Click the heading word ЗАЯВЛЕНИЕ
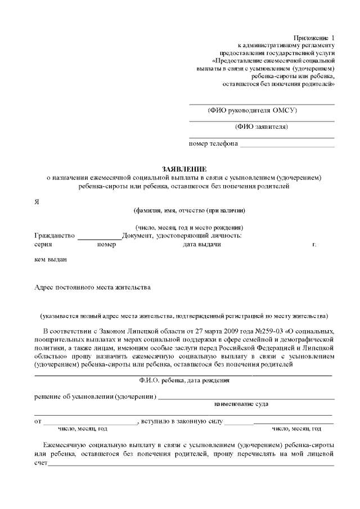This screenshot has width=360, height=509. [184, 169]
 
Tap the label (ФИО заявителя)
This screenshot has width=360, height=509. [262, 127]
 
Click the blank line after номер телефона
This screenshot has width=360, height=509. [287, 145]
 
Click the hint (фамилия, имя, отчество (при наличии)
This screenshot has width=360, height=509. [188, 211]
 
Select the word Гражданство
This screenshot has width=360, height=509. [55, 236]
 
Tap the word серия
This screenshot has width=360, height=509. [43, 245]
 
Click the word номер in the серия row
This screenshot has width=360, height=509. [106, 245]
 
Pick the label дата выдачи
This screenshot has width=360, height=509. [201, 245]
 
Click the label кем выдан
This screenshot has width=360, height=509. [51, 260]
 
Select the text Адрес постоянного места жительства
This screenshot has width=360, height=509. [92, 287]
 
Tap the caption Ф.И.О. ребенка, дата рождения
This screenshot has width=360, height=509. [184, 381]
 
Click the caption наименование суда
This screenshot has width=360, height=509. [241, 404]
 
